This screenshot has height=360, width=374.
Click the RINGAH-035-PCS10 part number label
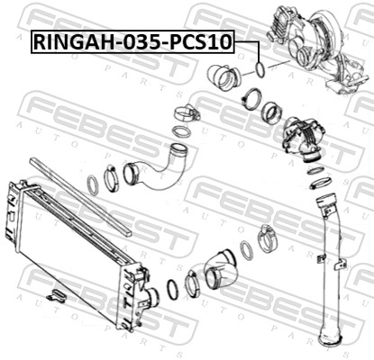tap(132, 41)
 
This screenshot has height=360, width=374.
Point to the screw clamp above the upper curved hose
tap(185, 115)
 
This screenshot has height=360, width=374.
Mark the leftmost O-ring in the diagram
tap(93, 187)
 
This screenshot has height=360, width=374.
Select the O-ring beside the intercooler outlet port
tap(171, 291)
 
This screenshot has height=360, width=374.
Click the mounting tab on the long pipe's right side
tap(342, 263)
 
